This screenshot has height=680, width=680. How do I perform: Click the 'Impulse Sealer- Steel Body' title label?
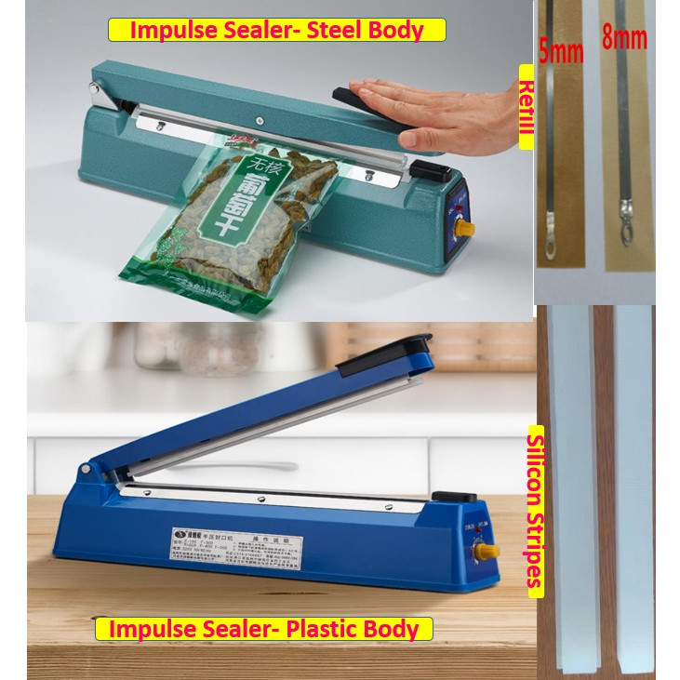(x=276, y=30)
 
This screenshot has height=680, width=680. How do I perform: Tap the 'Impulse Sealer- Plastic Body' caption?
(x=264, y=629)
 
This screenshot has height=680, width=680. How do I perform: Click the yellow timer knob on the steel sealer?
(x=462, y=228)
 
